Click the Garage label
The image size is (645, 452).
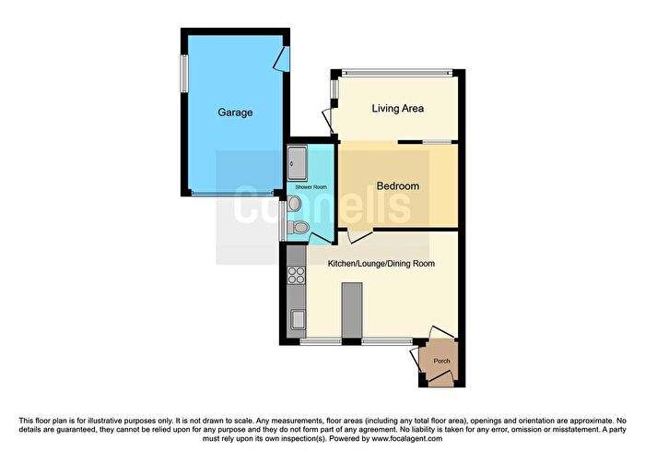click(x=235, y=113)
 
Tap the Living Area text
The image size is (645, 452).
click(x=397, y=109)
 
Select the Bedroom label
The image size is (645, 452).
click(x=398, y=186)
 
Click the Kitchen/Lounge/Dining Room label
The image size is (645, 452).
click(x=381, y=264)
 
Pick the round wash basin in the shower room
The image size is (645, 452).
click(x=293, y=203)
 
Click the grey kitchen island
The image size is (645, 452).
click(x=349, y=311)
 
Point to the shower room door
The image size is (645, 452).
click(x=320, y=237)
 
